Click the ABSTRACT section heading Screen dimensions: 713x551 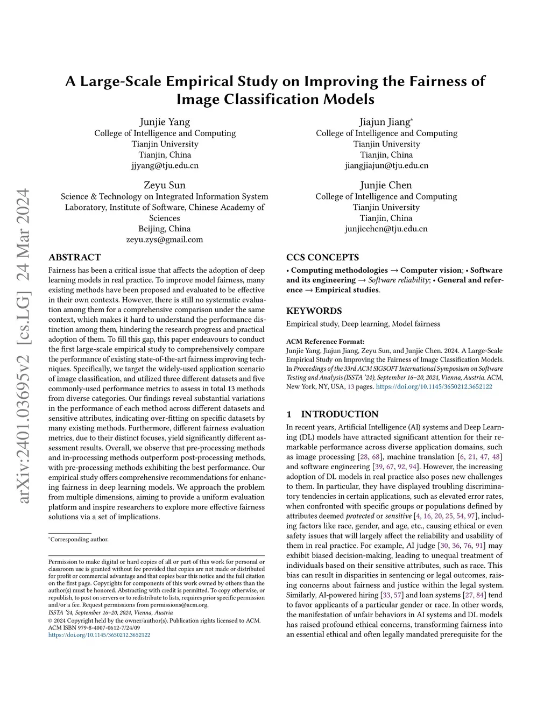(74, 257)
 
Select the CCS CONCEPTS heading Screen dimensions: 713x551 (322, 257)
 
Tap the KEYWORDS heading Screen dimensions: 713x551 (314, 311)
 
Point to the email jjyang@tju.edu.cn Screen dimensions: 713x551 (165, 166)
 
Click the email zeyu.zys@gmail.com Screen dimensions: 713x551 (165, 239)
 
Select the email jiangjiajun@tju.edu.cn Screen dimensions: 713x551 (386, 166)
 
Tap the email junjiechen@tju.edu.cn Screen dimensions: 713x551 (386, 229)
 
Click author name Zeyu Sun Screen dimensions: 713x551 (165, 185)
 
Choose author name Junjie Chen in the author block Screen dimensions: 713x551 (386, 185)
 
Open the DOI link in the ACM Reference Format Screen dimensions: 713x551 (434, 386)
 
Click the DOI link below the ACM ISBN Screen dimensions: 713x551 (99, 635)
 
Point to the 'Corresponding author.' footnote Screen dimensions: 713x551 (80, 539)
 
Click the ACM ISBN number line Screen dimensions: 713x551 (94, 627)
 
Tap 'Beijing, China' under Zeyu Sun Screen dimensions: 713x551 (165, 229)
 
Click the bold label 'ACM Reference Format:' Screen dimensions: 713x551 (325, 341)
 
